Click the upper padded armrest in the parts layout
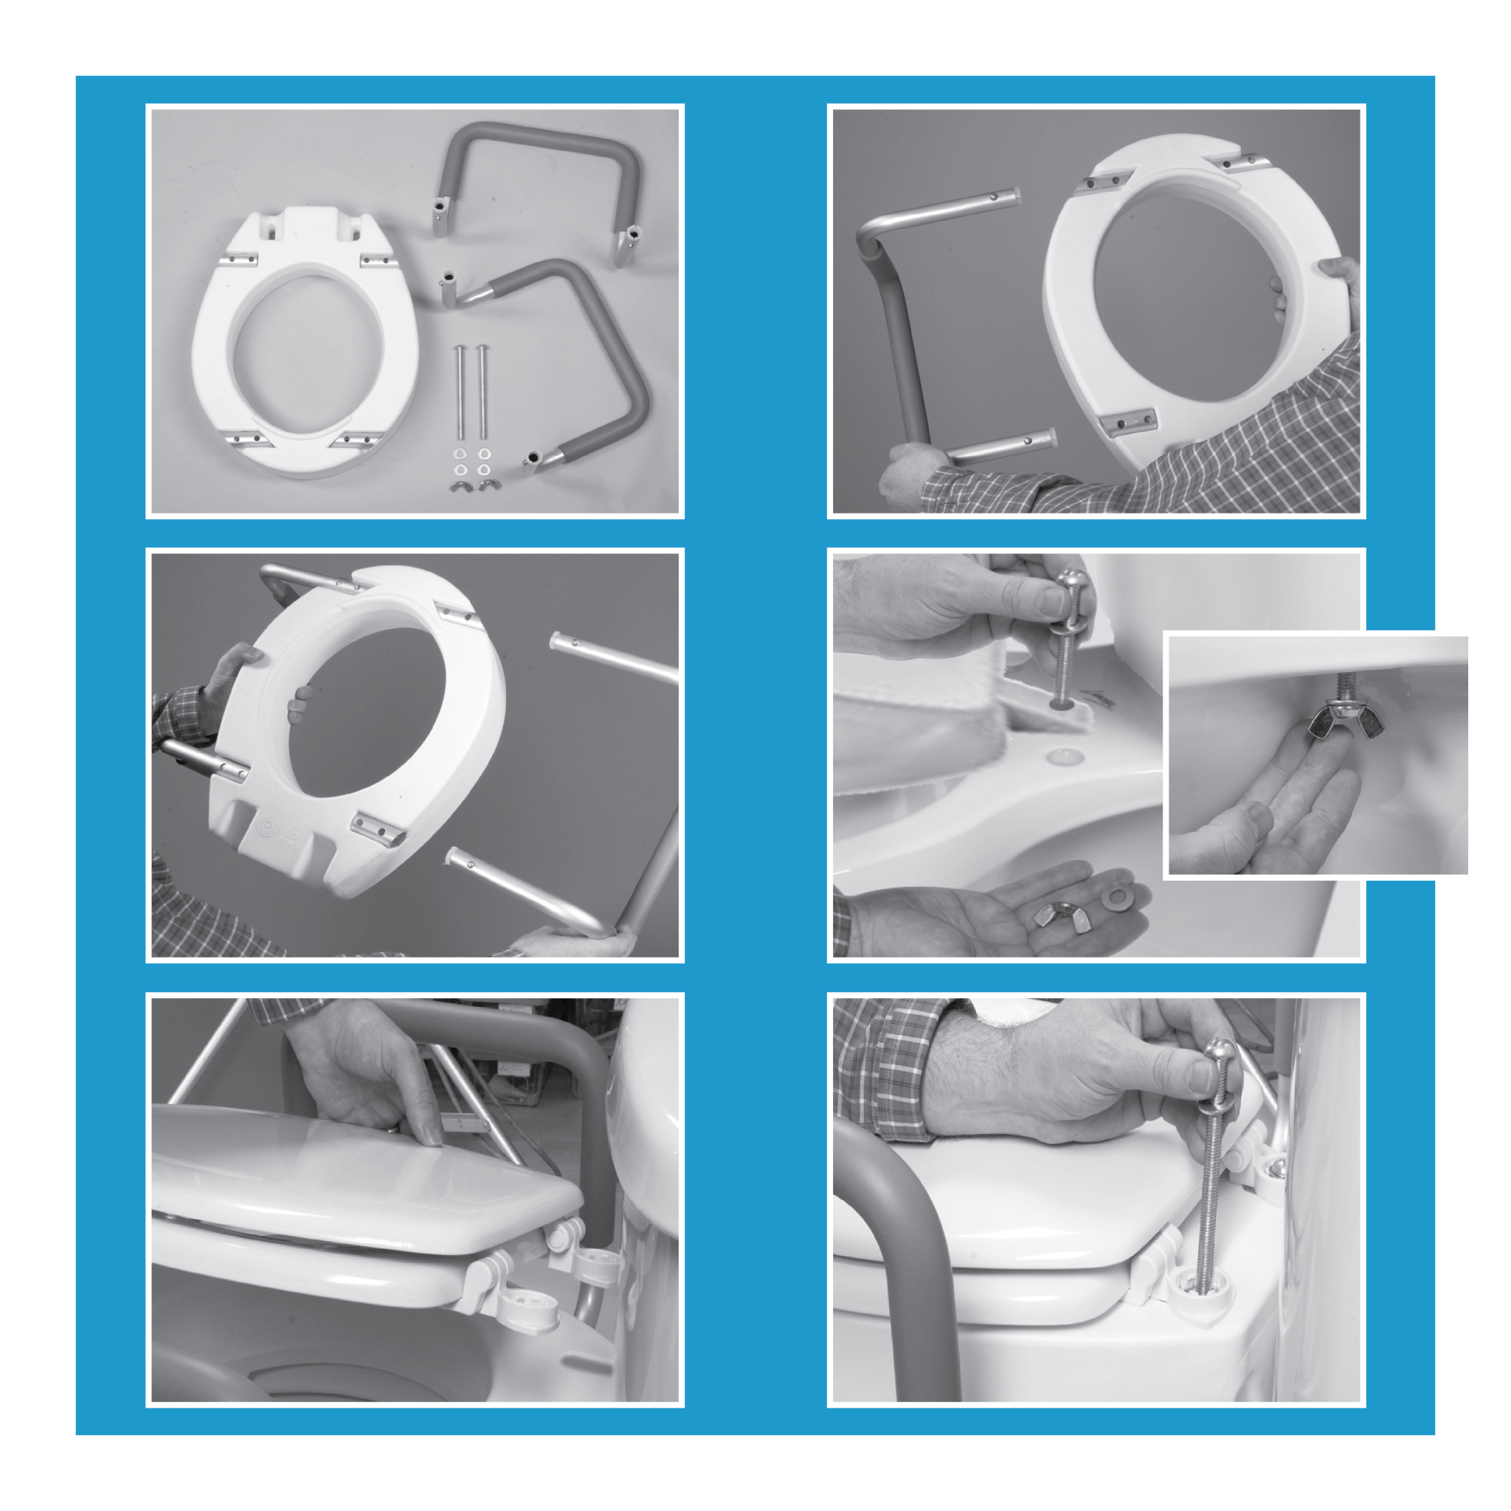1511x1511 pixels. [x=539, y=141]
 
